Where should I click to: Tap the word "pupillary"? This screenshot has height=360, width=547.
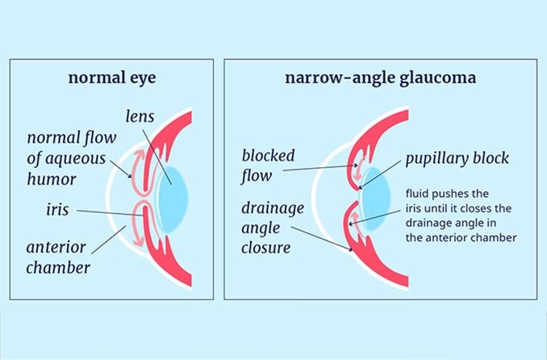(x=437, y=158)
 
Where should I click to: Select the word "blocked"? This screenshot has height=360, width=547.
(x=268, y=155)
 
